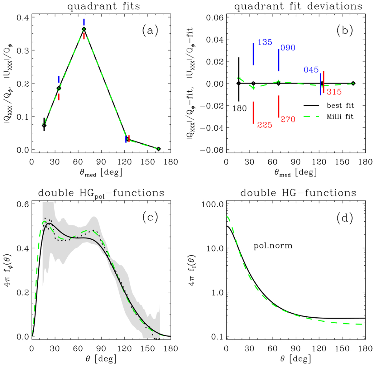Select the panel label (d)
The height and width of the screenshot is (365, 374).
(345, 218)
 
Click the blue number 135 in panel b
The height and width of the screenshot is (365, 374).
(265, 42)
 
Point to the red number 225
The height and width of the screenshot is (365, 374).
(265, 125)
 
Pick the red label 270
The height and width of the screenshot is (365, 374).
(288, 119)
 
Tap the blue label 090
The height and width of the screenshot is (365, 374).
(288, 48)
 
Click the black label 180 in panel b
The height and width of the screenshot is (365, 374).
(239, 108)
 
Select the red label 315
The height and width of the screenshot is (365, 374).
(334, 92)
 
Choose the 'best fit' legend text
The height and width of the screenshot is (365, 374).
(340, 105)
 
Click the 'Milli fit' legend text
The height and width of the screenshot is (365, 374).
(340, 117)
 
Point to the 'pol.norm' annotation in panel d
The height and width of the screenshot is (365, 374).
(273, 246)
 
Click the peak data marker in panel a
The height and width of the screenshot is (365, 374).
(84, 29)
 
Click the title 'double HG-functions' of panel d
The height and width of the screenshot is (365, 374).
(298, 193)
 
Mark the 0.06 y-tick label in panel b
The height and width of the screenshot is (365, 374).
(215, 17)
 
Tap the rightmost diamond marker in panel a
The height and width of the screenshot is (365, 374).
(159, 149)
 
